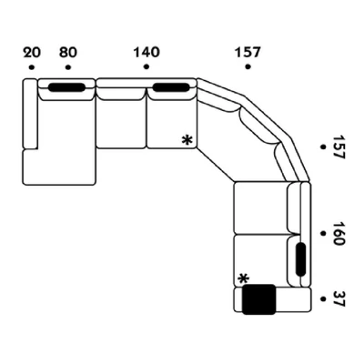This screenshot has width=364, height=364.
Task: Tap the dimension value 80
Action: [x=67, y=52]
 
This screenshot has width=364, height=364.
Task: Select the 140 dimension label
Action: [x=146, y=52]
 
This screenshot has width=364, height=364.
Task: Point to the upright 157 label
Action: [x=248, y=52]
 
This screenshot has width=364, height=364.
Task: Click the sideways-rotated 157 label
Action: [x=339, y=148]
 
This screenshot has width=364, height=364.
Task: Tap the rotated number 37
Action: [x=339, y=298]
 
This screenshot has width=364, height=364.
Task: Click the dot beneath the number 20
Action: [x=30, y=68]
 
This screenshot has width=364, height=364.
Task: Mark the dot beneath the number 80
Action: [x=67, y=68]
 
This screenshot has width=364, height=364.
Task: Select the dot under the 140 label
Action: [x=146, y=68]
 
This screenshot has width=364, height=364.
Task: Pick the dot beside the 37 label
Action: [x=323, y=298]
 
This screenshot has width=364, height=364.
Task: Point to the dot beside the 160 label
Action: [x=323, y=233]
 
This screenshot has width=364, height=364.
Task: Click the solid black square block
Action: [x=259, y=299]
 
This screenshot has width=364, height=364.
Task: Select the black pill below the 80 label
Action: [x=66, y=87]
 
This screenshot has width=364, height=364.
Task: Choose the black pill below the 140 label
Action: [x=170, y=87]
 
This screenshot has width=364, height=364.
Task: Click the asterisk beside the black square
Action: [x=243, y=278]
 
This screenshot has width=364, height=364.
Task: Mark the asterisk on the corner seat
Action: [x=187, y=139]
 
